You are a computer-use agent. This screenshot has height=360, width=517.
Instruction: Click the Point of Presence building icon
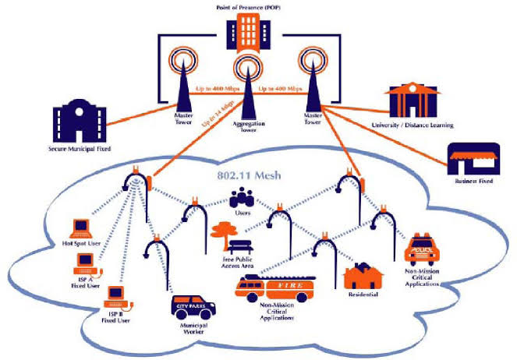pyautogui.click(x=246, y=32)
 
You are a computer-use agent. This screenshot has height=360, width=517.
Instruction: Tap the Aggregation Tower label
pyautogui.click(x=246, y=126)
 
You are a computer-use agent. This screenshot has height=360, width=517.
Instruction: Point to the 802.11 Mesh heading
pyautogui.click(x=246, y=177)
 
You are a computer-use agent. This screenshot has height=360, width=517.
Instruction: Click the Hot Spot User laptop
pyautogui.click(x=83, y=228)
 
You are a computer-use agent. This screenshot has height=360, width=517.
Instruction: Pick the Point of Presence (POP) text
pyautogui.click(x=247, y=6)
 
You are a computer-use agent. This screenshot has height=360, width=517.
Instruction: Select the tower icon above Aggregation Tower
pyautogui.click(x=246, y=87)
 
